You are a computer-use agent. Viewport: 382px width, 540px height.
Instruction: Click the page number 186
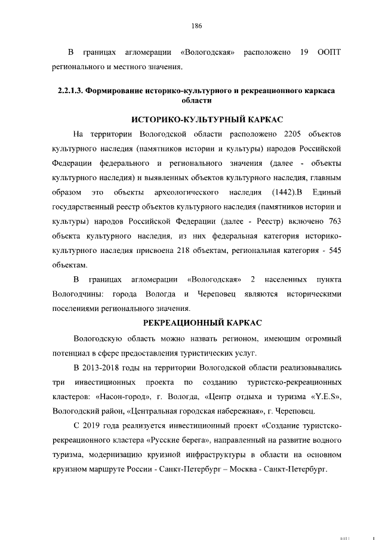pos(197,26)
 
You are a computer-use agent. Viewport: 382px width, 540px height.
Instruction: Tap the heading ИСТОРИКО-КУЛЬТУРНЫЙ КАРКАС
pos(197,118)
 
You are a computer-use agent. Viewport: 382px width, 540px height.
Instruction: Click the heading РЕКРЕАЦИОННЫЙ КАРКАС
pos(197,323)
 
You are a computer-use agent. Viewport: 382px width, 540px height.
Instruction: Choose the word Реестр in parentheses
pos(264,221)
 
